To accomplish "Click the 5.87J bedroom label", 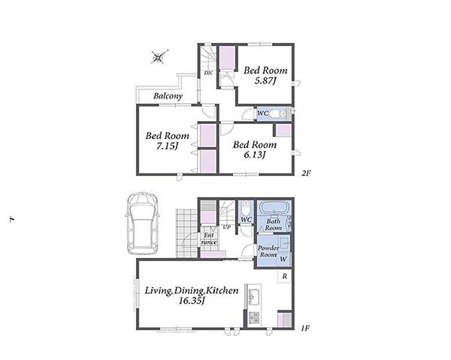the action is [265, 75].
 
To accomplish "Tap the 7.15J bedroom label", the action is [167, 141].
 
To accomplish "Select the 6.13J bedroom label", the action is [255, 150].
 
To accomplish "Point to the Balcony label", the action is [168, 95].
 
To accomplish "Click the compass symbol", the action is [159, 57].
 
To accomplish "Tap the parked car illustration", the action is [142, 223].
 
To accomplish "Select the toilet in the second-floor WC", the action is [277, 114].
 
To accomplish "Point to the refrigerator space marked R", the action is [284, 277].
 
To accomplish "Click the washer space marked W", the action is [283, 259].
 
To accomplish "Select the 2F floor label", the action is [307, 174].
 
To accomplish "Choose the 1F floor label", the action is [305, 328].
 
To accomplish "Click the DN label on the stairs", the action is [208, 73].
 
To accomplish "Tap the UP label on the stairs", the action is [227, 227].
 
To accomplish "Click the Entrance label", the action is [209, 239].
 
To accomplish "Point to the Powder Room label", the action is [268, 251].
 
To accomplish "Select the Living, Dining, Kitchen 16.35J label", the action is [191, 295].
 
